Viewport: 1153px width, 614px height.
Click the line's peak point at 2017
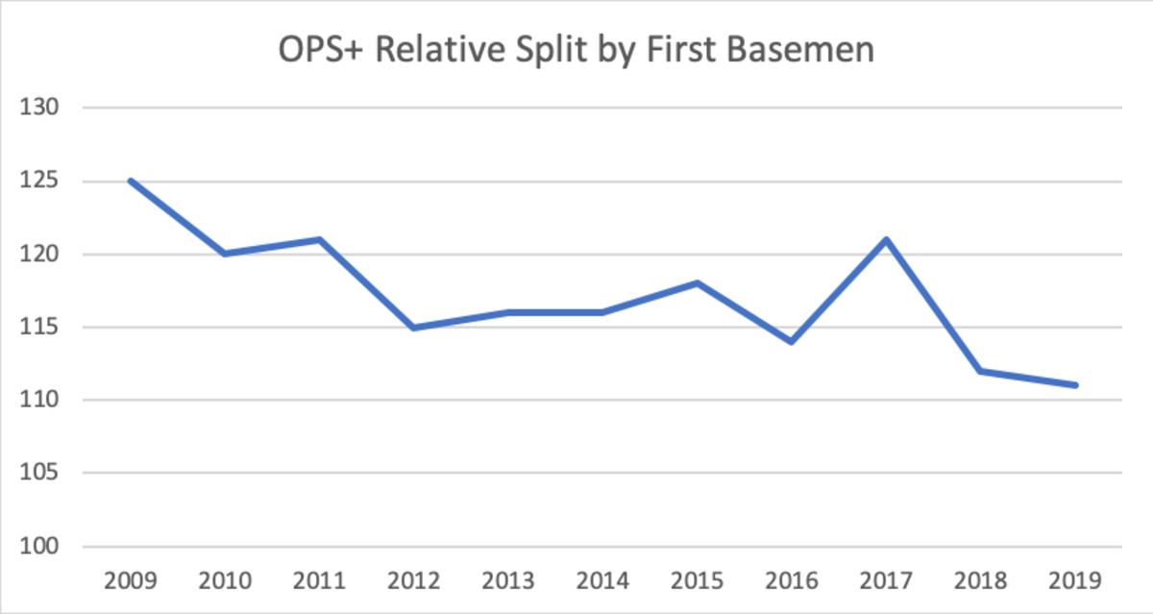pyautogui.click(x=887, y=239)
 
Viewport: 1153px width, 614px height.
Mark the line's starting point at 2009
pyautogui.click(x=131, y=181)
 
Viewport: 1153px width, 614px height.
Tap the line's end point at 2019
pyautogui.click(x=1076, y=385)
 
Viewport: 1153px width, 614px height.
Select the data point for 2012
pyautogui.click(x=414, y=328)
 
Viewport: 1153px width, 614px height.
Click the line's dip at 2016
pyautogui.click(x=793, y=341)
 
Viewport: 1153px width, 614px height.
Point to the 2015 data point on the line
pyautogui.click(x=698, y=283)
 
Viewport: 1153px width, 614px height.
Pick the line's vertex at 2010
pyautogui.click(x=225, y=254)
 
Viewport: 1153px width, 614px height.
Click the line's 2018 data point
pyautogui.click(x=981, y=371)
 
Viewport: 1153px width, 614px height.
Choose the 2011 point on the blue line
pyautogui.click(x=319, y=239)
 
